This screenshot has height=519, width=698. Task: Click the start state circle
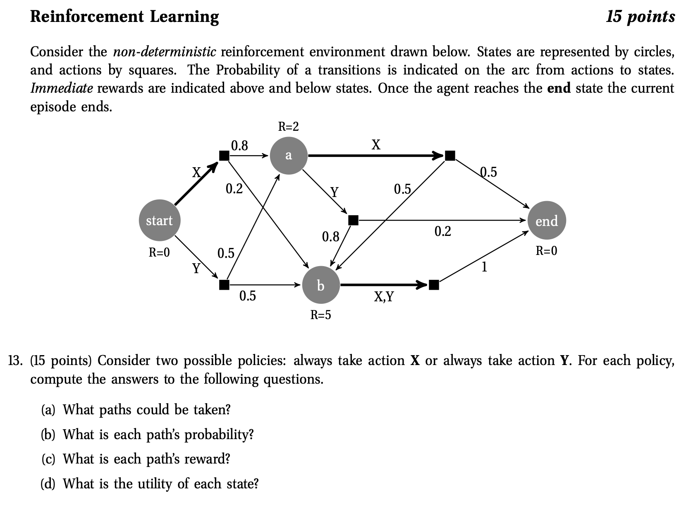pos(159,221)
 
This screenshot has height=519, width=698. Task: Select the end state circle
pos(547,221)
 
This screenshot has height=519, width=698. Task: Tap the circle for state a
pos(288,156)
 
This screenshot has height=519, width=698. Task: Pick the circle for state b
pos(320,285)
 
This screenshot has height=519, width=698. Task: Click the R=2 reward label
pos(288,126)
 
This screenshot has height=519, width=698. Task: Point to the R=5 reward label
pos(320,315)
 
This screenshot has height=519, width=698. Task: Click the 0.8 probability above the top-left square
pos(239,146)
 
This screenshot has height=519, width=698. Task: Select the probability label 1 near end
pos(484,267)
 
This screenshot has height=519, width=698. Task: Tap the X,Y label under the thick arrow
pos(384,296)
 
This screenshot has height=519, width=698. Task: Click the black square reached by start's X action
pos(224,156)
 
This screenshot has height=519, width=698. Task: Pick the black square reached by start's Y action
pos(224,285)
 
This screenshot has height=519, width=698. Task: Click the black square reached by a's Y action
pos(353,220)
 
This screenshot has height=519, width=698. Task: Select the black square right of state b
pos(434,285)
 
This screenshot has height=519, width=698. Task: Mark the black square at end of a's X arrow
pos(450,156)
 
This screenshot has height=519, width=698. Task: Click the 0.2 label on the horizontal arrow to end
pos(442,231)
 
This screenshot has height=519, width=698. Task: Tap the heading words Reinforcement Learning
pos(124,17)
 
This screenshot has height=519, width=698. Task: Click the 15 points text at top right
pos(640,17)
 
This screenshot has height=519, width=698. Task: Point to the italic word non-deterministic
pos(164,52)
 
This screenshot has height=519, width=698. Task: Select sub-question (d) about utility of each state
pos(150,483)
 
